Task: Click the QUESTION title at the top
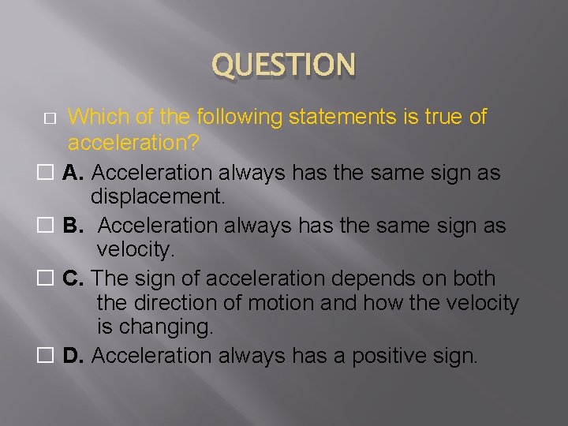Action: coord(284,65)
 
